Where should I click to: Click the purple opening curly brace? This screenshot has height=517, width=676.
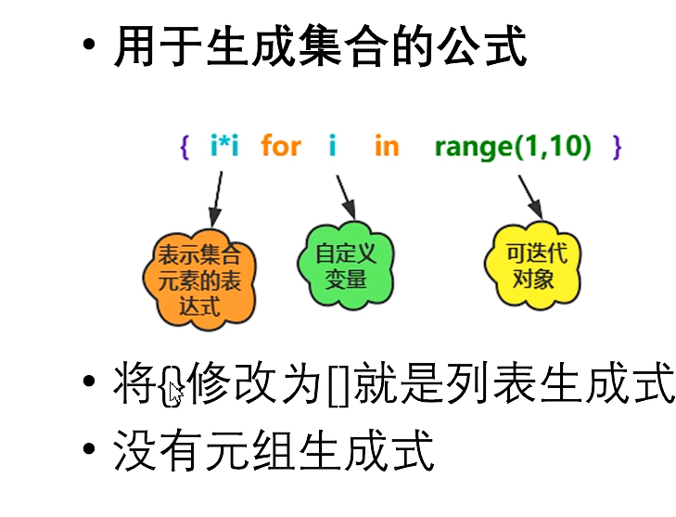coord(185,147)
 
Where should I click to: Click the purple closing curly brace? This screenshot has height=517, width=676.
coord(618,147)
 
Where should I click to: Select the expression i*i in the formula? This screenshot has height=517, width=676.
coord(224,146)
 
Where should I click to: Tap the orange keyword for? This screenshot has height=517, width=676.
coord(281,146)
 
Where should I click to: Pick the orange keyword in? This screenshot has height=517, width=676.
coord(387,146)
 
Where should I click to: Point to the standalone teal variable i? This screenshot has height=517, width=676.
coord(332,146)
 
